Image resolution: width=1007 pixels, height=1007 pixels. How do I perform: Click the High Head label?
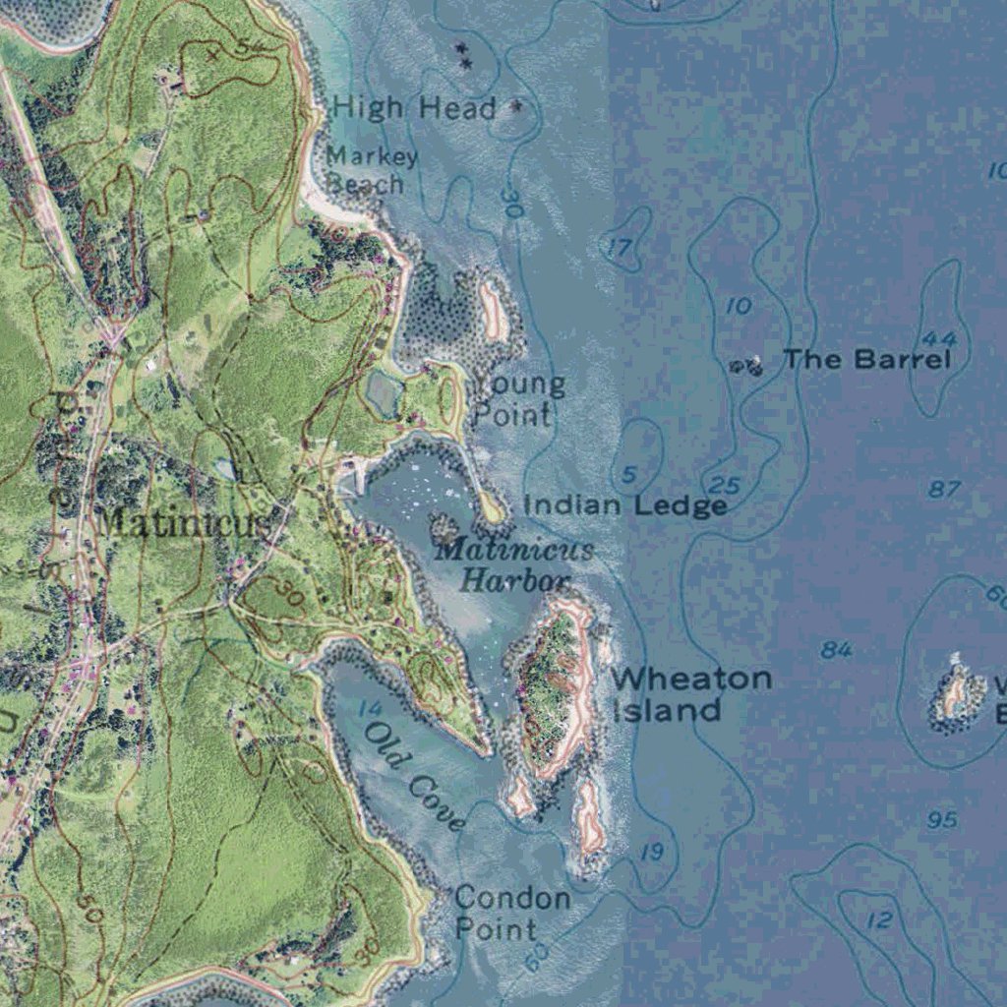point(414,107)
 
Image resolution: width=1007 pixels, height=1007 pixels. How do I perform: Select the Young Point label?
point(518,399)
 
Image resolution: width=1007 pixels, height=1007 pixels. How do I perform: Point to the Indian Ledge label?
point(625,505)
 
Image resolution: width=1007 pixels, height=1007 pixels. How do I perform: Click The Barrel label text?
point(867,359)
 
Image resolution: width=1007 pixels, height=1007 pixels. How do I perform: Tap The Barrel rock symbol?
point(746,367)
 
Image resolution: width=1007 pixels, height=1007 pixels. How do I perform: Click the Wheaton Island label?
point(690,694)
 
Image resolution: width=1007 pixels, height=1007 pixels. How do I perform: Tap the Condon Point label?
point(511,913)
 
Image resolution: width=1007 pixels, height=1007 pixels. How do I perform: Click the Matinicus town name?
point(182,522)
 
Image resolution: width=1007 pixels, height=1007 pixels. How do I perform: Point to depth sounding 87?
point(943,489)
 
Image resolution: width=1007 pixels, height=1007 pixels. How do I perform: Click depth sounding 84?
point(837,650)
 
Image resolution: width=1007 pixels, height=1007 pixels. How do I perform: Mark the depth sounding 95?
point(942,819)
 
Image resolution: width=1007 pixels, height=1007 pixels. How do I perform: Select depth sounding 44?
point(940,339)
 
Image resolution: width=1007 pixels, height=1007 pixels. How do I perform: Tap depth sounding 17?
point(619,248)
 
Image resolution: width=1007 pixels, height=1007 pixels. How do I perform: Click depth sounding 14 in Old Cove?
point(370,708)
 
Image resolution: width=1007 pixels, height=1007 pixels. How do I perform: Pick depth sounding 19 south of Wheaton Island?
point(652,852)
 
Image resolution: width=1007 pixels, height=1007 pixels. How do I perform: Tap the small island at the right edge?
point(956,696)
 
